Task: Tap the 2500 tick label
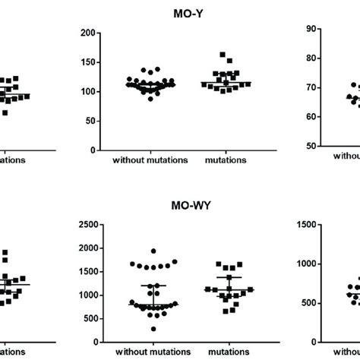coord(86,225)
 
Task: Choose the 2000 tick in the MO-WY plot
coord(86,248)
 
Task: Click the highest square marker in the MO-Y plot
coord(223,55)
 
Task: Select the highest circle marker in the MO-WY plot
coord(153,251)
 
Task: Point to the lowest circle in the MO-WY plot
coord(153,329)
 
